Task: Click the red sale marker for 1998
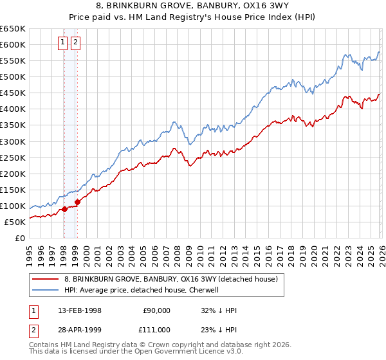coord(64,209)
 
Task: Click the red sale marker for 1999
coord(77,202)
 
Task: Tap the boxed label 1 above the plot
coord(63,43)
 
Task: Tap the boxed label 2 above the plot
coord(75,43)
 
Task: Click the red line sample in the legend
coord(45,279)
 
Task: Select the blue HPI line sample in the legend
coord(45,290)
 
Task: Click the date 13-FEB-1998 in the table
coord(79,310)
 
